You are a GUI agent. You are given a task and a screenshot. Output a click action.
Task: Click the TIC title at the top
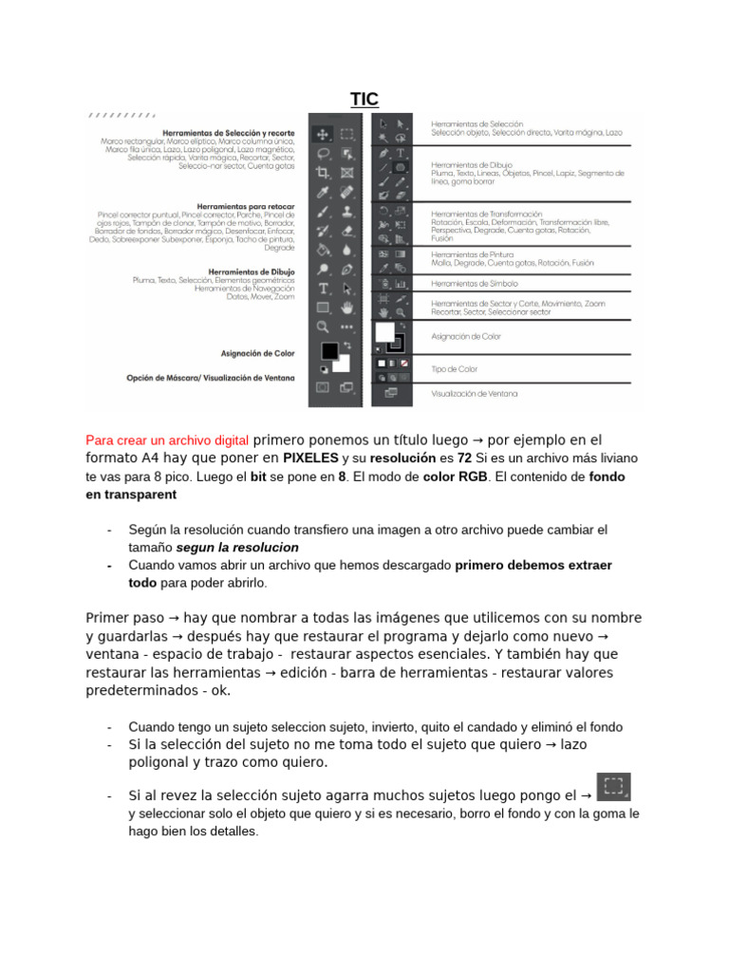364,100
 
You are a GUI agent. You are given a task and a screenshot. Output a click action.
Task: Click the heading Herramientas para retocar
246,206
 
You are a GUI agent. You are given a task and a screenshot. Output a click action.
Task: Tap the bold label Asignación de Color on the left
257,353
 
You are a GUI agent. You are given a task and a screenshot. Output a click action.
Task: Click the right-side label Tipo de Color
455,368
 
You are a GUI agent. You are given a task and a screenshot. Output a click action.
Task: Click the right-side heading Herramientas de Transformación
486,214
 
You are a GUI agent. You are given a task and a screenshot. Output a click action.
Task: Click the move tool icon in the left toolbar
323,134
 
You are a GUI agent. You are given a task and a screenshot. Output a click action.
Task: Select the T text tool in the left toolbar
323,288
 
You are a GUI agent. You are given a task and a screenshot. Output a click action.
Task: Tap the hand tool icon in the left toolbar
346,307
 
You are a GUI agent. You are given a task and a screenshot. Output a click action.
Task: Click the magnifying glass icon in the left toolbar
323,327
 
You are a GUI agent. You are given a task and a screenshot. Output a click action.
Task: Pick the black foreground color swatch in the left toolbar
329,350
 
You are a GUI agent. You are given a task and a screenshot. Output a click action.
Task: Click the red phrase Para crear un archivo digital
168,439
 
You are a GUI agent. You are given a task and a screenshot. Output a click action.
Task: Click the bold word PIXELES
310,458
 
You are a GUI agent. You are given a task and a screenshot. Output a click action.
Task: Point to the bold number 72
464,458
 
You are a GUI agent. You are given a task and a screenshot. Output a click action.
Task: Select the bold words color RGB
455,476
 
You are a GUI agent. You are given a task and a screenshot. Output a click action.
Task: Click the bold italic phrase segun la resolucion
237,548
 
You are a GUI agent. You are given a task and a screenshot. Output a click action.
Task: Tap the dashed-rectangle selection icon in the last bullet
613,786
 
